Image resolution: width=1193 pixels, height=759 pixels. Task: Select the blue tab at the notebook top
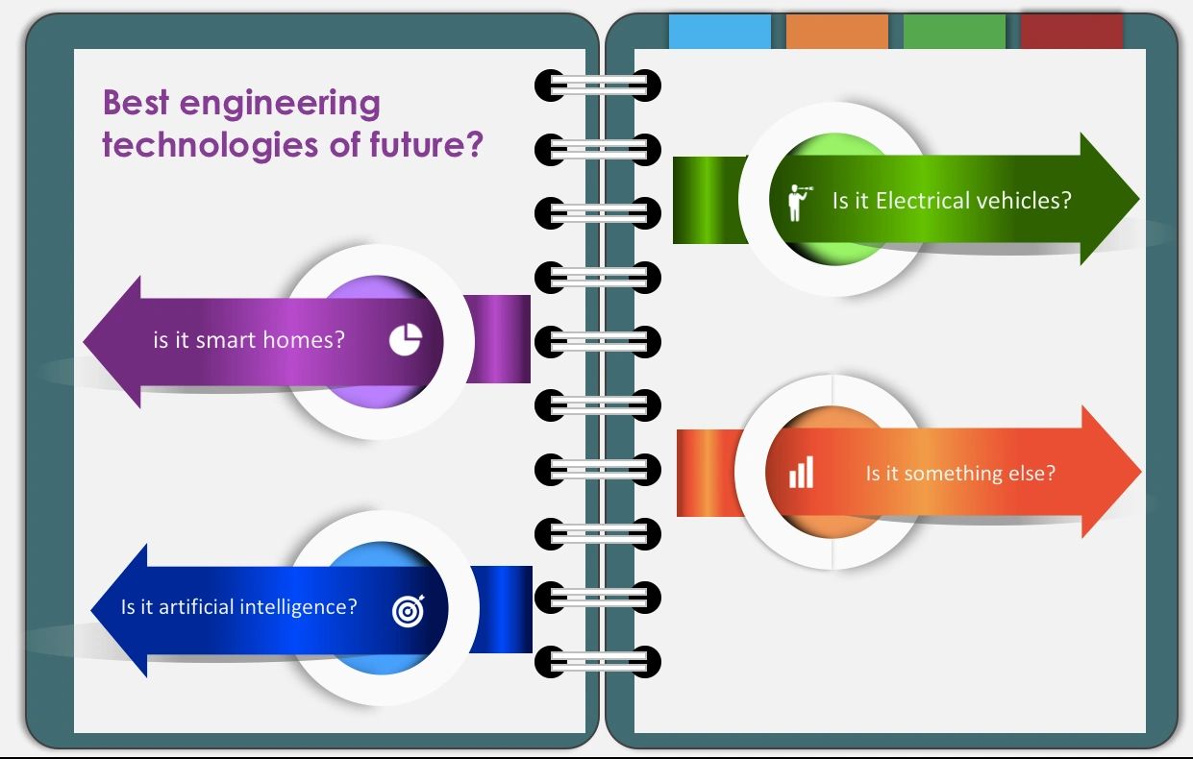click(x=720, y=32)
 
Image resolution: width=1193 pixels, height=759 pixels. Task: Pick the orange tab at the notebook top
click(x=836, y=32)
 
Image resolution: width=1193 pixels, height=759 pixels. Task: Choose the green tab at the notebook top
click(x=954, y=32)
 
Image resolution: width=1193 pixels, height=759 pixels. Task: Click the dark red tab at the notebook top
click(x=1071, y=32)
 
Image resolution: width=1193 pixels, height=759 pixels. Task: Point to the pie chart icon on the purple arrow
click(x=406, y=339)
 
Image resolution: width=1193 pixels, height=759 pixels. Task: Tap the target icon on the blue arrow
click(x=408, y=610)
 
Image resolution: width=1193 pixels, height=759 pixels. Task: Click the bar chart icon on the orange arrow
click(x=801, y=473)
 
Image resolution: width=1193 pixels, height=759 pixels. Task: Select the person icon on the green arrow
click(x=797, y=201)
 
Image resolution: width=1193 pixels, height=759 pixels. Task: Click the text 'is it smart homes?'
click(x=248, y=339)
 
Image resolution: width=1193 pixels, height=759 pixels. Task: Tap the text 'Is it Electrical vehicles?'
click(x=951, y=201)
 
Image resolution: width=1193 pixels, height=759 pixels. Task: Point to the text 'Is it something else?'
click(x=959, y=473)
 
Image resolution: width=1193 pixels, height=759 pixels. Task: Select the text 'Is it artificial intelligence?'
click(x=238, y=607)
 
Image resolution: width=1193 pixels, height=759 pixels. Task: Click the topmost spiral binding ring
click(x=598, y=86)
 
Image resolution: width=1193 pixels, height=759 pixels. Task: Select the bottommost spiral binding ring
click(x=598, y=661)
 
